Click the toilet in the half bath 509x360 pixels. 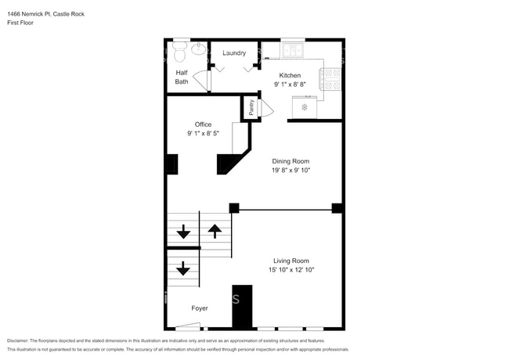179,52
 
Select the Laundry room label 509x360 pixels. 234,53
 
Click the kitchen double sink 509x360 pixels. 294,51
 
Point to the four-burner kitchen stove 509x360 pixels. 333,79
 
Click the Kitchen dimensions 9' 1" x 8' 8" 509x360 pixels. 290,84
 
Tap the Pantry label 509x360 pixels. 251,107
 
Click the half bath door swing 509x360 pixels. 202,81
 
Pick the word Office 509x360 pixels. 203,124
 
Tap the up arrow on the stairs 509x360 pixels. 215,231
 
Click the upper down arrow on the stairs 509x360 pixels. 183,232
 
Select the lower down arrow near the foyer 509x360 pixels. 183,269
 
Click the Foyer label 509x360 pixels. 200,308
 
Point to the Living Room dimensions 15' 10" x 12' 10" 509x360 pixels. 291,270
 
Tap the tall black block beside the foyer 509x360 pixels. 243,307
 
